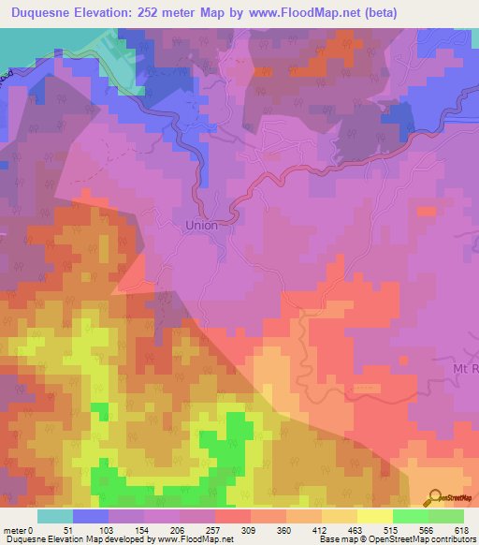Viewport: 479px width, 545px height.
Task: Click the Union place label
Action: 201,226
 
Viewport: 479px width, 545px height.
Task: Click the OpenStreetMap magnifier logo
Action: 435,498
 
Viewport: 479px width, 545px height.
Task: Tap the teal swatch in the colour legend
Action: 55,516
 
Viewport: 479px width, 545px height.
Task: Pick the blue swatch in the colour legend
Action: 91,516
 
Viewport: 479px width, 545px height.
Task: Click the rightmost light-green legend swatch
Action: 446,516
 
